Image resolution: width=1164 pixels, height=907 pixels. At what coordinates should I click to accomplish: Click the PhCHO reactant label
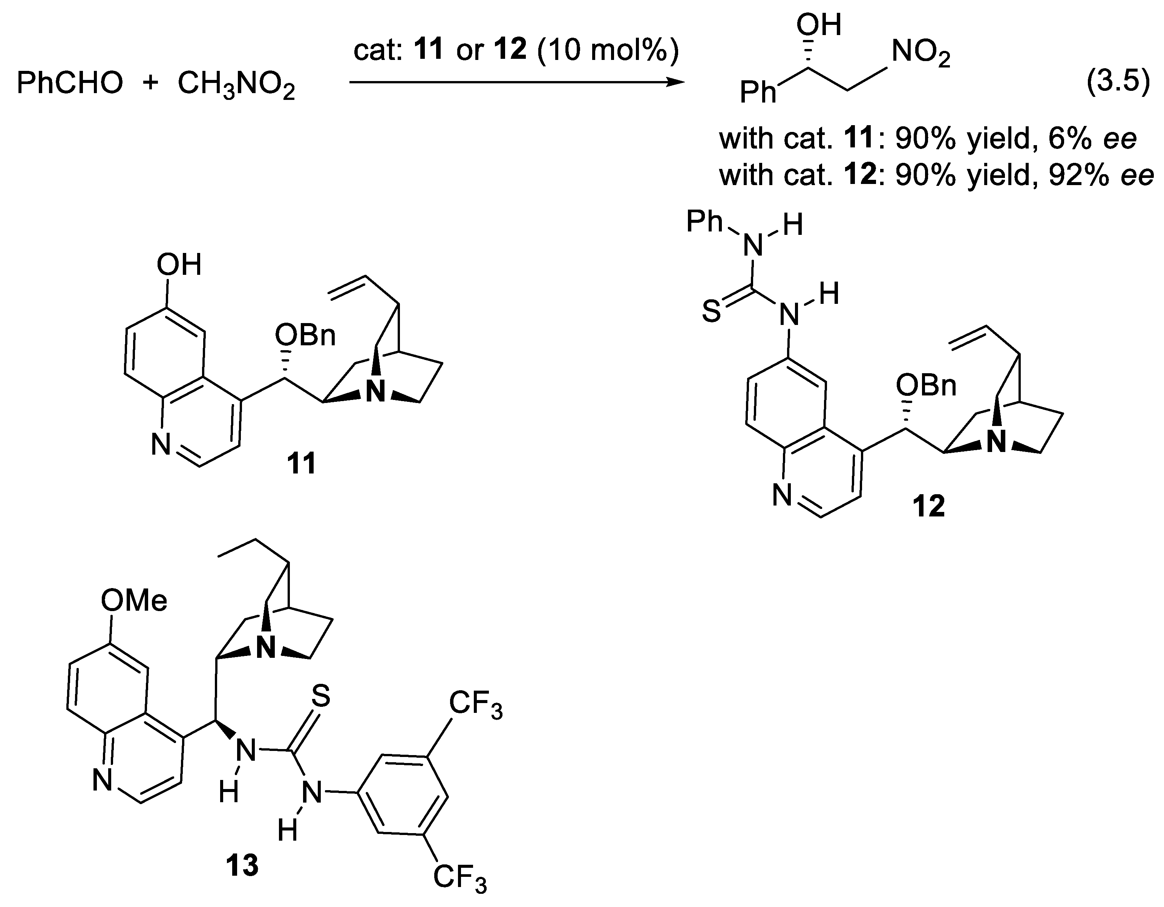tap(70, 84)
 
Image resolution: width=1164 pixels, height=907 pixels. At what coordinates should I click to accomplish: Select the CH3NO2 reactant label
tap(236, 85)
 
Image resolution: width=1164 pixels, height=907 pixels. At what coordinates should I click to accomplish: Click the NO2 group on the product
tap(920, 53)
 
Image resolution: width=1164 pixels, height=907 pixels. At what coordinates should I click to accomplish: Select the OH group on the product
tap(819, 25)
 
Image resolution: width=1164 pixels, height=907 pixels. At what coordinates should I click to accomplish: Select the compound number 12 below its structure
tap(928, 506)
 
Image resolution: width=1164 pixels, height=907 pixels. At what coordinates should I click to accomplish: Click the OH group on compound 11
tap(179, 265)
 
